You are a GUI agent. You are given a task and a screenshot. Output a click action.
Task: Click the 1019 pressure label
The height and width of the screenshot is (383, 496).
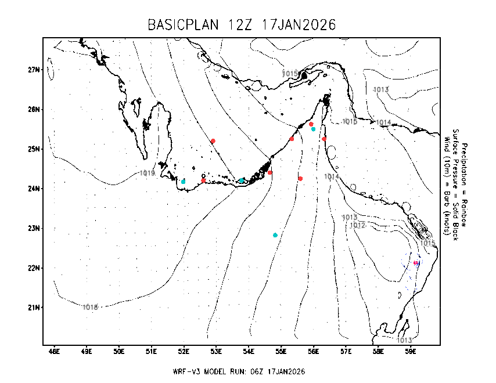[x=147, y=173]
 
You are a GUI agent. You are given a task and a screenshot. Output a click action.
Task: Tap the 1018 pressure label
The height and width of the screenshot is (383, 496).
[x=90, y=307]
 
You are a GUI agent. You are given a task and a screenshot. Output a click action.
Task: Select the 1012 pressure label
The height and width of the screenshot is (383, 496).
[x=358, y=225]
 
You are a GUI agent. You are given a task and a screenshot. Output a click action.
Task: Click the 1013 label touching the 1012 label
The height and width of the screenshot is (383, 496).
[x=349, y=218]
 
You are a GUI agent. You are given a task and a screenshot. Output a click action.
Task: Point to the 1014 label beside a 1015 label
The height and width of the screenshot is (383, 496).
[x=383, y=122]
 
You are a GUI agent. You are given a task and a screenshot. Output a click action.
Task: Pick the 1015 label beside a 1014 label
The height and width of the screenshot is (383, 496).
[x=350, y=121]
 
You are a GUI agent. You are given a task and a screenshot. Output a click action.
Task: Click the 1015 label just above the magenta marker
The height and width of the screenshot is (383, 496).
[x=427, y=243]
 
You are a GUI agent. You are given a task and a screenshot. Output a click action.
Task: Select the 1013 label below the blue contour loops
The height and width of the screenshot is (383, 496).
[x=404, y=340]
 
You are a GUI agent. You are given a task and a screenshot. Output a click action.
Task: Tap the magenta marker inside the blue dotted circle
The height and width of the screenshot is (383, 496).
[x=416, y=263]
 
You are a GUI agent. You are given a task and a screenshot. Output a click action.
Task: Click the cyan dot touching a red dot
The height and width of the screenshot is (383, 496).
[x=314, y=129]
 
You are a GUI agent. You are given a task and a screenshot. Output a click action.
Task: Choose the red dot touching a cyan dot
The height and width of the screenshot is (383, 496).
[x=311, y=124]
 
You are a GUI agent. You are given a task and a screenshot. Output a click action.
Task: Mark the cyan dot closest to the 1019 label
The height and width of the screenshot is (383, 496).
[x=183, y=182]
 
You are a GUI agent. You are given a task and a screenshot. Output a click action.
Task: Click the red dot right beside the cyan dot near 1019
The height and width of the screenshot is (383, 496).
[x=203, y=180]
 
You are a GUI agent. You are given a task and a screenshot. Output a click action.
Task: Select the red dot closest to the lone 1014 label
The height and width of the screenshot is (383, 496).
[x=300, y=179]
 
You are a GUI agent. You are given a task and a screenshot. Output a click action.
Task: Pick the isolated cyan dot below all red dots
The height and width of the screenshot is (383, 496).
[x=275, y=235]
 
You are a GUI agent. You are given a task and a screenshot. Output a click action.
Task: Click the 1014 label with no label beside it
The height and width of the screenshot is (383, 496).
[x=332, y=176]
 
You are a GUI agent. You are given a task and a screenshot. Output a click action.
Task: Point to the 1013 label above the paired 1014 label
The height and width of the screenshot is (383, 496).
[x=381, y=89]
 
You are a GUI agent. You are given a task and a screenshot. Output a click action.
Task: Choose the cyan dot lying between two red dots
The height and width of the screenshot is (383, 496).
[x=242, y=180]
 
